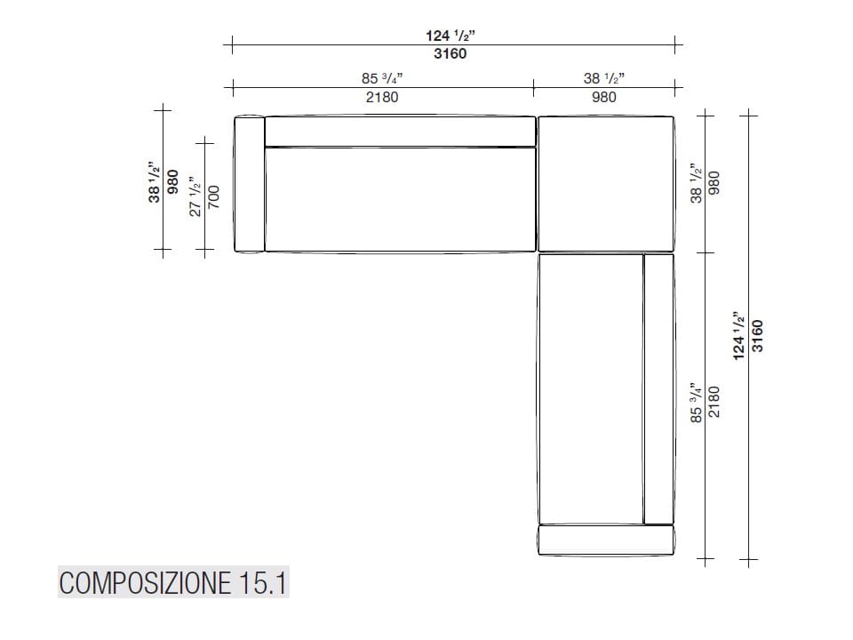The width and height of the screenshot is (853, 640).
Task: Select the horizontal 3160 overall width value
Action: [450, 53]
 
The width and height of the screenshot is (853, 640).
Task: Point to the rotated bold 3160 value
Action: [757, 336]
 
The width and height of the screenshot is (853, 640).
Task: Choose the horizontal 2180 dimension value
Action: [382, 97]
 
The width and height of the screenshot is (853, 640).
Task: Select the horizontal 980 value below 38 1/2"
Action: [603, 97]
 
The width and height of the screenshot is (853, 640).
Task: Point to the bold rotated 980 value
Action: [172, 183]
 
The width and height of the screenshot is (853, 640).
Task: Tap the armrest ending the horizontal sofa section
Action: [248, 184]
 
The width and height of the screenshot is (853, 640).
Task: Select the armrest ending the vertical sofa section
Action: [606, 540]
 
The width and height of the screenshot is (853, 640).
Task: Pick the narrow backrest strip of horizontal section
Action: [400, 131]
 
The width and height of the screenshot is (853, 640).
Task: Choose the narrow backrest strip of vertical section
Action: [658, 388]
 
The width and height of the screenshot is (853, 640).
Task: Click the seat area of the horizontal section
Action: [400, 200]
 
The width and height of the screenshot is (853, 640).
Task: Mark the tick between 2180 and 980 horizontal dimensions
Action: [533, 87]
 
